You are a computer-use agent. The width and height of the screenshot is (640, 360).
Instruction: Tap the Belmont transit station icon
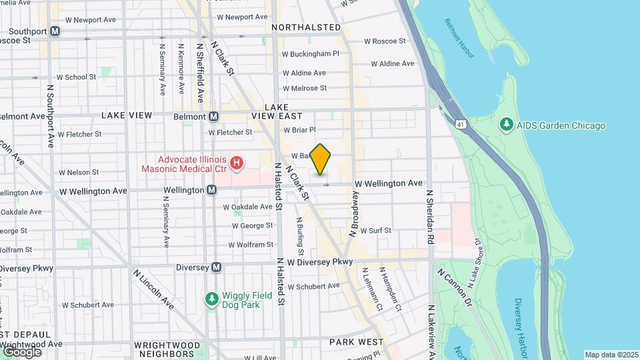click(x=213, y=116)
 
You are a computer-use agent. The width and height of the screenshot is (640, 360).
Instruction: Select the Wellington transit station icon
click(x=211, y=190)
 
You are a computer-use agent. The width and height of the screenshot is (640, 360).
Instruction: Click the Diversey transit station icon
click(x=216, y=267)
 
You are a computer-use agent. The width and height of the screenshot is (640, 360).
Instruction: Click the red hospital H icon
click(x=235, y=163)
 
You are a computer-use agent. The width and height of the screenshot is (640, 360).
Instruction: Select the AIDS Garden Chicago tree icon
click(x=506, y=125)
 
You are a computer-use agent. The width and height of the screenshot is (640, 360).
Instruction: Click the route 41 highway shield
click(x=461, y=124)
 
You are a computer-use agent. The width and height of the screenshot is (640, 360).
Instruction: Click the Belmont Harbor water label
click(x=459, y=37)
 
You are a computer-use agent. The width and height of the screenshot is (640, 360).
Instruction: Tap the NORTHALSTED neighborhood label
click(x=307, y=27)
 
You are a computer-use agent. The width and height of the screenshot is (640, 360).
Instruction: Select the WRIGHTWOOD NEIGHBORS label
click(x=167, y=349)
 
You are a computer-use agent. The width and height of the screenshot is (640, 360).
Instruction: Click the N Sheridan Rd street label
click(x=431, y=218)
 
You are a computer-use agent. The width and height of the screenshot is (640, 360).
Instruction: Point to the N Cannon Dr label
click(x=454, y=288)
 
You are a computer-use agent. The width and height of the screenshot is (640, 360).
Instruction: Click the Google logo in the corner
click(x=22, y=351)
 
